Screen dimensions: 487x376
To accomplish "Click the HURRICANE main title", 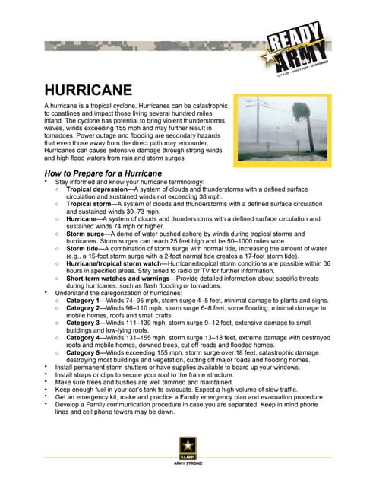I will click(88, 91).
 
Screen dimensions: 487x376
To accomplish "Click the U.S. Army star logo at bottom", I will click(188, 446).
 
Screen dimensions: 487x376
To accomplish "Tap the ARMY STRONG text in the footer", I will click(188, 462).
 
